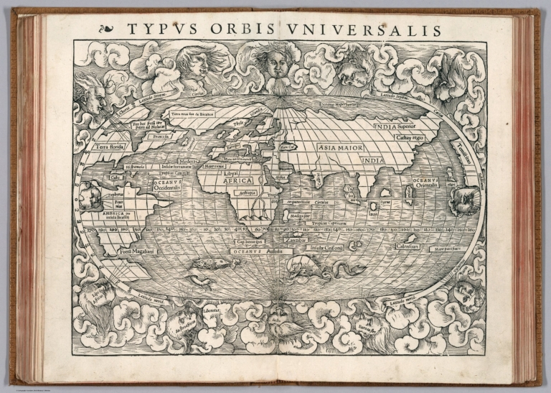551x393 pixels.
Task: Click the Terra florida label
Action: pos(108,147)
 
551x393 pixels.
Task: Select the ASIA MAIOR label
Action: pos(338,147)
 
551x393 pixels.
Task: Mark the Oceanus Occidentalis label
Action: pos(171,186)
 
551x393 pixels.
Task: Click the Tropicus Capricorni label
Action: pos(329,224)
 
